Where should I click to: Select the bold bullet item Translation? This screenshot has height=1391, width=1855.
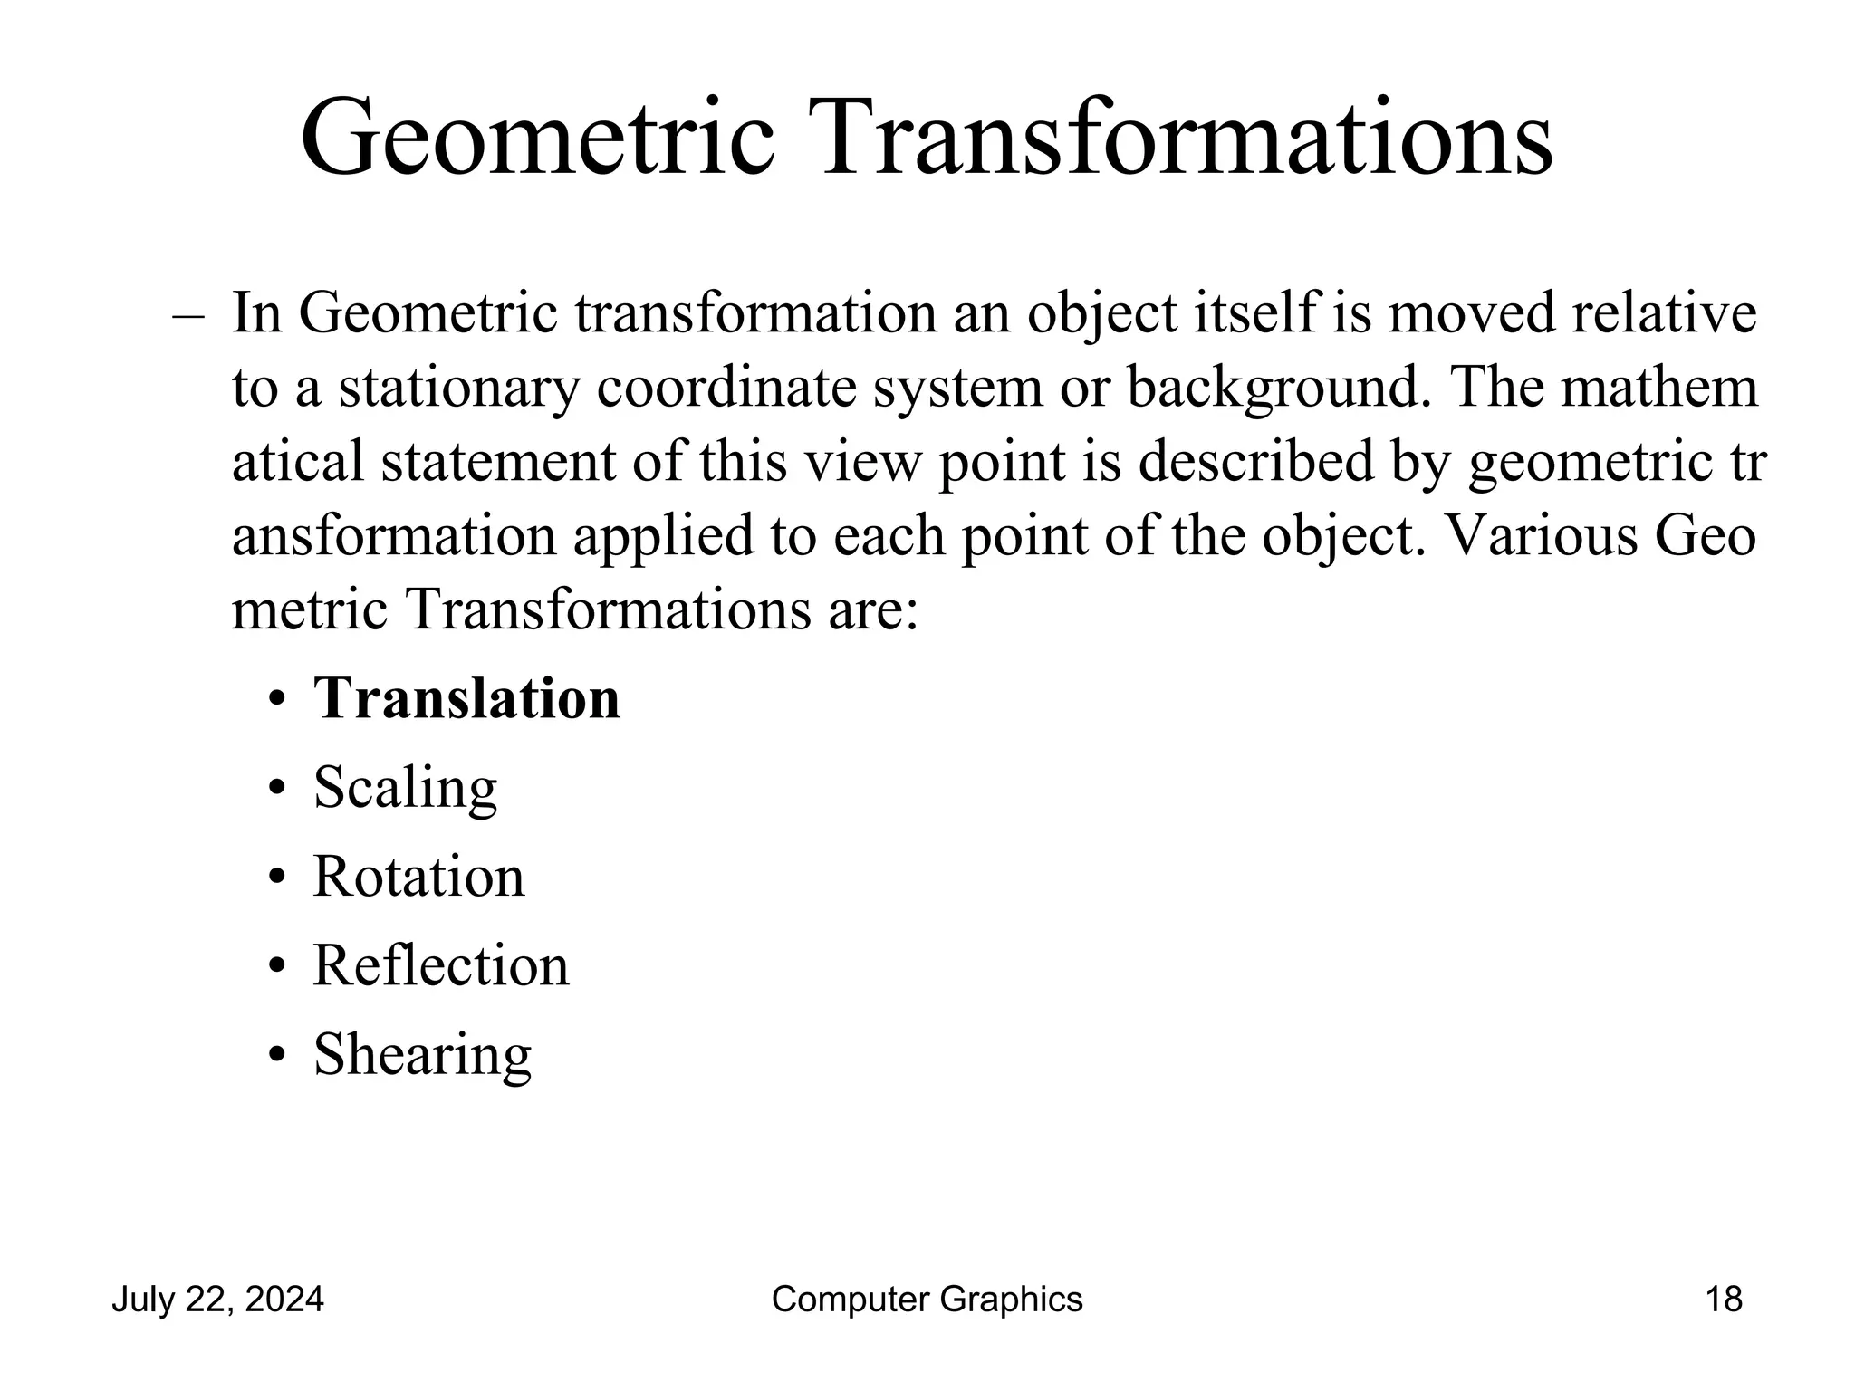pyautogui.click(x=466, y=699)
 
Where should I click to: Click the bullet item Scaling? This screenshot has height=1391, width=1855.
pyautogui.click(x=405, y=788)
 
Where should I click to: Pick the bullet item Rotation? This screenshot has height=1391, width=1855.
pyautogui.click(x=418, y=877)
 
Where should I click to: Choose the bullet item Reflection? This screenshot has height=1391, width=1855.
pyautogui.click(x=441, y=965)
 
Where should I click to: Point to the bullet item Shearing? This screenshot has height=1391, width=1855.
pyautogui.click(x=422, y=1054)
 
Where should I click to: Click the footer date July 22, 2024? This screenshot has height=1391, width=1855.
pyautogui.click(x=217, y=1300)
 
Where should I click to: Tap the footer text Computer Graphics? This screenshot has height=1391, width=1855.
pyautogui.click(x=927, y=1300)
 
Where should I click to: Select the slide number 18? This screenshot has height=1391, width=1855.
pyautogui.click(x=1724, y=1300)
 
